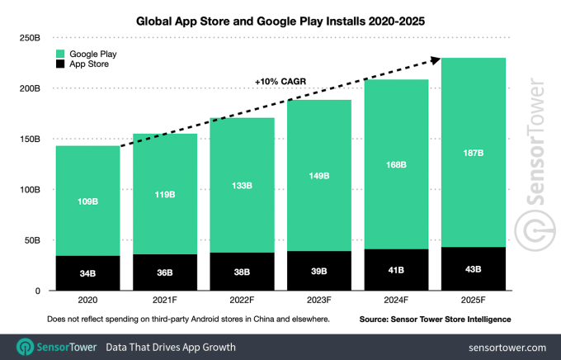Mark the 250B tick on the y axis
30,37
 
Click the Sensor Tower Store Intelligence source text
435,319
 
